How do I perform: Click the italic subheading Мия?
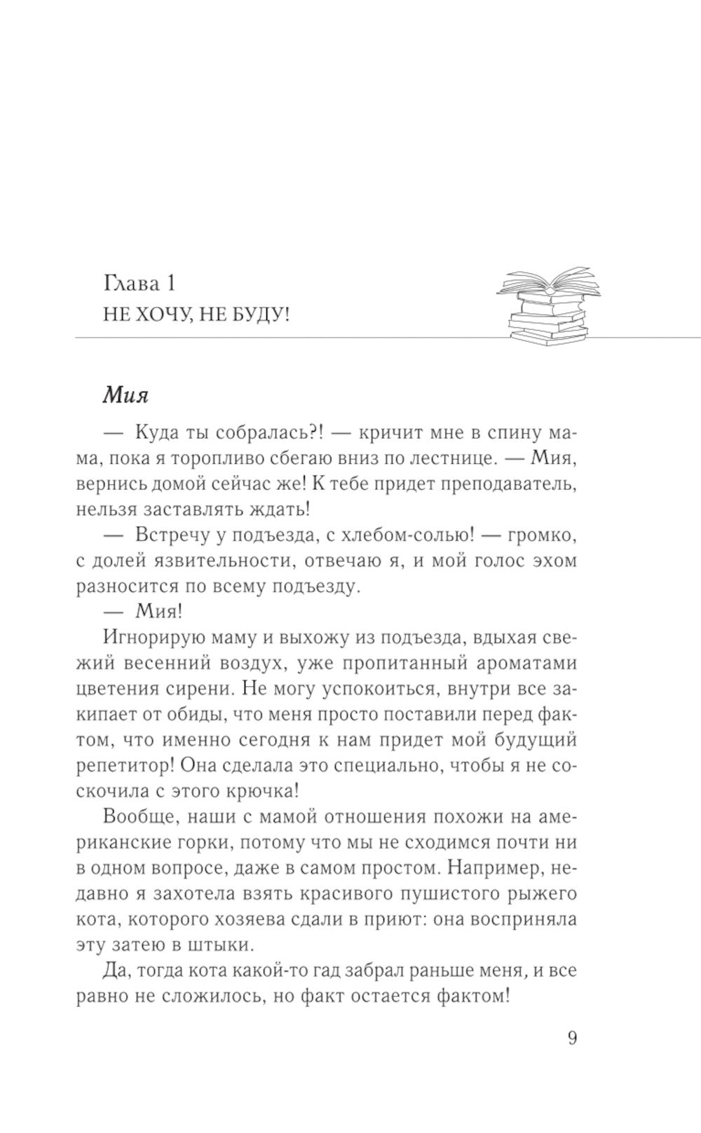(x=126, y=395)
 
